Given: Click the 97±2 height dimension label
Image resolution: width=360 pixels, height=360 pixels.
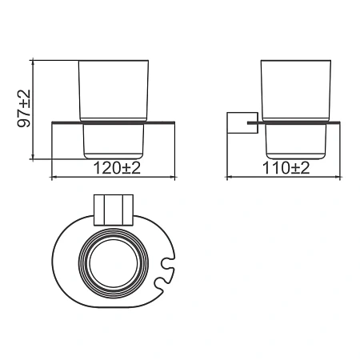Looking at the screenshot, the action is coord(24,108).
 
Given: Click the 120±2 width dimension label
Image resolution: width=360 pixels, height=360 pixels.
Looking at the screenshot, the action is coord(117,168).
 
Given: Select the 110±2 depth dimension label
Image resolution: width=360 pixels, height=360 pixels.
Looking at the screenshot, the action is coord(286,168).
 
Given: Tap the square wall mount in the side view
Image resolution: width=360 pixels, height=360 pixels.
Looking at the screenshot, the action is coord(242,122).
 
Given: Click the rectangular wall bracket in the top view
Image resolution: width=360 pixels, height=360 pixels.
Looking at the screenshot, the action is coord(114,210).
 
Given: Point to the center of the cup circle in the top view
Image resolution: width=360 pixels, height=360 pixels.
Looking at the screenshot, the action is coord(114,263).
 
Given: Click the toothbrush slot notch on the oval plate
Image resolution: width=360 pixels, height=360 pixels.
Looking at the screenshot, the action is coord(167,270).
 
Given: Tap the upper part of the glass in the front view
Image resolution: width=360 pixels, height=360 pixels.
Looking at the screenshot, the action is coord(114,90).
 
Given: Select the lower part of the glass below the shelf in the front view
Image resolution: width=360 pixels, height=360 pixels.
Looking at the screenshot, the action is coord(114,142).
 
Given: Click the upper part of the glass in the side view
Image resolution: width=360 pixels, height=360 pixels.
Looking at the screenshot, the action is coord(296,90).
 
